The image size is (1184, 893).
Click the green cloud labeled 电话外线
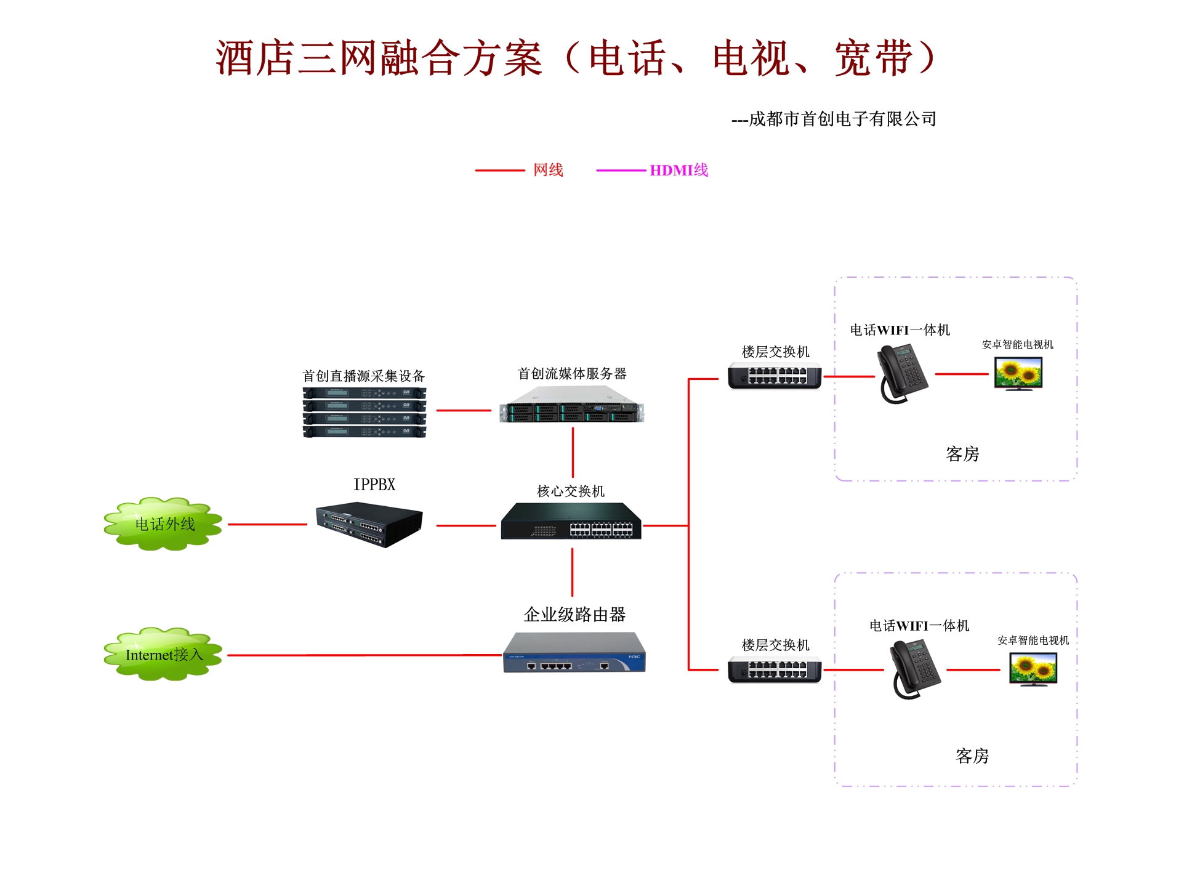(163, 524)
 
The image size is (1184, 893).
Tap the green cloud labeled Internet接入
(163, 654)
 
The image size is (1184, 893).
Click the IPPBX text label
(374, 485)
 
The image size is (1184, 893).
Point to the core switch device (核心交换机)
(571, 521)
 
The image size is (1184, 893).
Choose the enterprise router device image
(574, 652)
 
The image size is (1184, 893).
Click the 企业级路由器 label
(574, 614)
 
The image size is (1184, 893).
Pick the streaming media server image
(572, 405)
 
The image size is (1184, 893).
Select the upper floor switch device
(775, 376)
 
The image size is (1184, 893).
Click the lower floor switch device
(775, 669)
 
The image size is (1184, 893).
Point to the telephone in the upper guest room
(903, 374)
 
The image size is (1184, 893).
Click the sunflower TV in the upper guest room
(1018, 374)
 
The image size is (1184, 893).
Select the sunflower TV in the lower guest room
(1034, 669)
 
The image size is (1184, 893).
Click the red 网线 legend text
(548, 170)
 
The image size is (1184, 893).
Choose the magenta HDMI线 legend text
(679, 170)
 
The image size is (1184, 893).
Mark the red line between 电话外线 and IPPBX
(267, 525)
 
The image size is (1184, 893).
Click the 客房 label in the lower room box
(972, 756)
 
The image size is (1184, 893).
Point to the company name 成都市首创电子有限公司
(843, 119)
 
